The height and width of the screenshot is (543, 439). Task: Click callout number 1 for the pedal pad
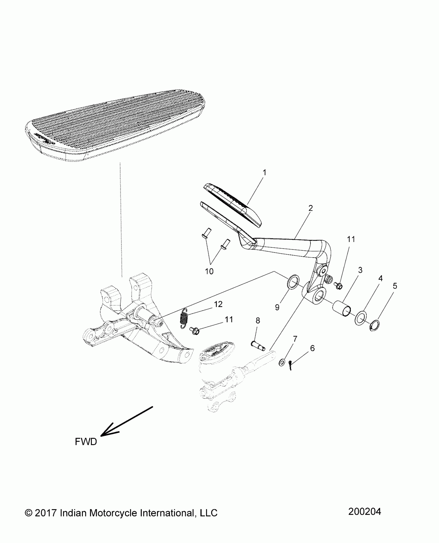click(x=264, y=172)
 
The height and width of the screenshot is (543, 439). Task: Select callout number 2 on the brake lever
click(x=310, y=208)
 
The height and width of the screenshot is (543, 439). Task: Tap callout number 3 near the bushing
click(x=360, y=270)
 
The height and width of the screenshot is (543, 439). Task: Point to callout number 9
click(x=277, y=307)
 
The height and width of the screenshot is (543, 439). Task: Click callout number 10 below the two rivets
click(x=209, y=271)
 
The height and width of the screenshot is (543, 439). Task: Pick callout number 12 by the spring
click(x=218, y=304)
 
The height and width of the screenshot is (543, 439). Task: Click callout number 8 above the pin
click(x=258, y=321)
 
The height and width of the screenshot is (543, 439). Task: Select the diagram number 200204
click(x=364, y=511)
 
